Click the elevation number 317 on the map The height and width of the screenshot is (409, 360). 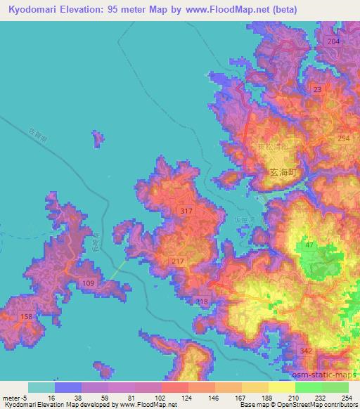coord(186,212)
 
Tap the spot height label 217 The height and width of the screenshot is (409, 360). coord(177,261)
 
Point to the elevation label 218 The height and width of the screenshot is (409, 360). coord(202,301)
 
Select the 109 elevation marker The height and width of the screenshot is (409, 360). coord(89,283)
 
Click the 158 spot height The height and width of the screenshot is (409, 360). coord(26,318)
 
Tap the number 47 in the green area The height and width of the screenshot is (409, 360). coord(309,245)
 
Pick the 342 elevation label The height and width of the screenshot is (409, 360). coord(306,351)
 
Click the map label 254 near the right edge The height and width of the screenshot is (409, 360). coord(343,138)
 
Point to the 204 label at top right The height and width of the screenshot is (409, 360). coord(333,42)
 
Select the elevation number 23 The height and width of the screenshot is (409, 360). coord(317,89)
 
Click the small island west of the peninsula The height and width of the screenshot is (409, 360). coord(98,139)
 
